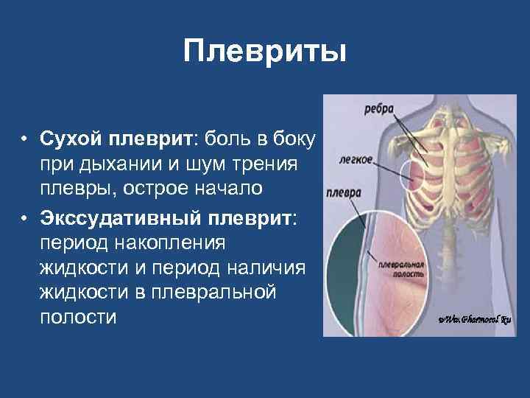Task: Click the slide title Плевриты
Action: pos(264,52)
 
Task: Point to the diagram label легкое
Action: pos(356,158)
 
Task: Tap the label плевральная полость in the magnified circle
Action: pos(399,268)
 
